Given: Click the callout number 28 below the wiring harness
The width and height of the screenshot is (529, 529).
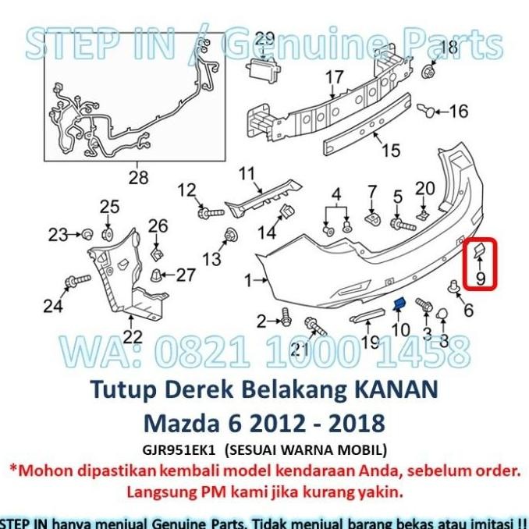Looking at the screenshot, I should coord(138,178).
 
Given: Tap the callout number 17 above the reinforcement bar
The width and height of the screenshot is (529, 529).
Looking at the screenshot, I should coord(334,77).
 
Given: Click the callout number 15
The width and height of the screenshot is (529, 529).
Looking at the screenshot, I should coord(390,150).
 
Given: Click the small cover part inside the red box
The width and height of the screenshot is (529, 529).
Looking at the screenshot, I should coord(475,250).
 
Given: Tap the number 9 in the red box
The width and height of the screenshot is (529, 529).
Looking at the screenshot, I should coord(480,276).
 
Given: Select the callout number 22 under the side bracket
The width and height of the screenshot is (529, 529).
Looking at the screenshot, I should coord(133,337).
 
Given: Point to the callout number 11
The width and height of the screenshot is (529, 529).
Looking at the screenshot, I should coord(247,173).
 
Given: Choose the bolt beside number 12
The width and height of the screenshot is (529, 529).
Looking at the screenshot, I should coord(208,211).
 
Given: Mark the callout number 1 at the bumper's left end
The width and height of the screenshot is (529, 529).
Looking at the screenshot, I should coord(249,279).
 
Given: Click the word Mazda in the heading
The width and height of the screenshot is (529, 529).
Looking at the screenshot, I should coord(179,423).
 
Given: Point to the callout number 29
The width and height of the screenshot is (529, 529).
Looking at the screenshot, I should coord(264,38).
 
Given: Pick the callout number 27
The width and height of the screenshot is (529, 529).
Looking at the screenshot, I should coord(185,275).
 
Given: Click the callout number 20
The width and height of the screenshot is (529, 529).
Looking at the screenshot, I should coord(424,187).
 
